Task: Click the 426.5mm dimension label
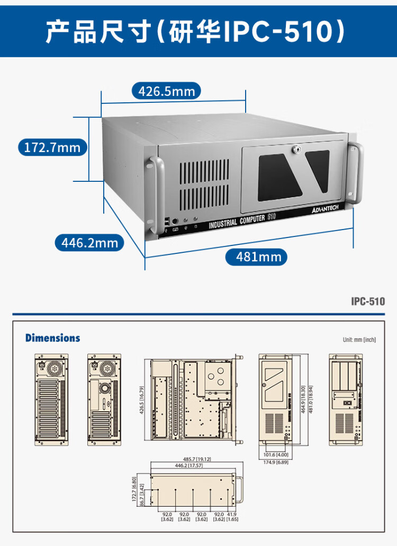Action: pos(166,91)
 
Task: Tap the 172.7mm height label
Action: pos(52,147)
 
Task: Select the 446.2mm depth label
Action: pos(89,243)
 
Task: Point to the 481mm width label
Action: pos(256,257)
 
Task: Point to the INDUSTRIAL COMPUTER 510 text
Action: pos(241,220)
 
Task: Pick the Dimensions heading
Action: pos(53,338)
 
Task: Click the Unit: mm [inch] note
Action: pos(359,340)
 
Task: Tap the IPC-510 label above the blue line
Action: pos(368,302)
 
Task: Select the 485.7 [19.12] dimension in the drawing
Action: pos(197,459)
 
